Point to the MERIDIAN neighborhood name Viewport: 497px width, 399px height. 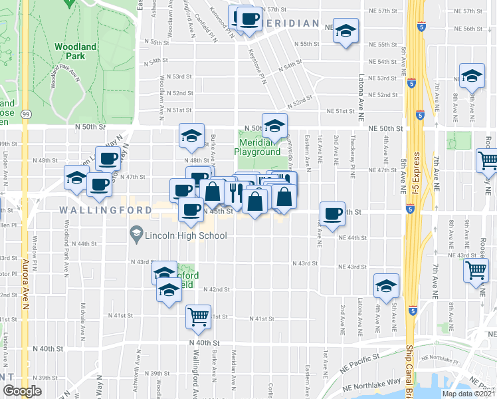click(x=292, y=23)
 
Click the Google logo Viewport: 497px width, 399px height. click(x=21, y=391)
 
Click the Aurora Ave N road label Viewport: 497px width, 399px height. click(x=26, y=280)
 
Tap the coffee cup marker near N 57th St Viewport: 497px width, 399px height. click(x=249, y=19)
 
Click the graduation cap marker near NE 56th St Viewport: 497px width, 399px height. click(x=346, y=31)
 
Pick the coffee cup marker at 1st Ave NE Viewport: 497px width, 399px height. click(x=333, y=213)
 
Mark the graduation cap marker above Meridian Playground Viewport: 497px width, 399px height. click(x=274, y=124)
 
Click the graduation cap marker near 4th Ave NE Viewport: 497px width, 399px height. click(x=385, y=285)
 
